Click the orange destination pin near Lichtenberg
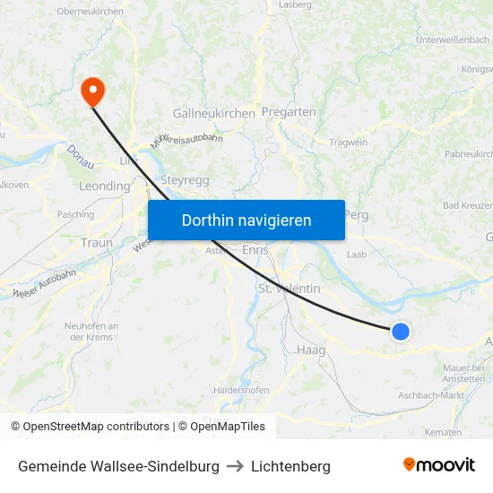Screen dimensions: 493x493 pos(92,91)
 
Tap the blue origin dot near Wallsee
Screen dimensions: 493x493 pos(401,331)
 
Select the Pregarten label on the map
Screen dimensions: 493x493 pos(289,112)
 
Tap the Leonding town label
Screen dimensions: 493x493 pos(105,186)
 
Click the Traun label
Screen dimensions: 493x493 pos(97,243)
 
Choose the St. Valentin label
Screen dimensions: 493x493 pos(289,289)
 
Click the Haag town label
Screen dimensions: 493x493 pos(311,350)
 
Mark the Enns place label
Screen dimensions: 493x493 pos(255,250)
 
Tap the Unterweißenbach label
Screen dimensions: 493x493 pos(453,39)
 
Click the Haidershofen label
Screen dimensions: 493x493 pos(242,391)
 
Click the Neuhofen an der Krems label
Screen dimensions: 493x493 pos(88,331)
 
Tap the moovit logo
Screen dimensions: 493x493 pos(439,464)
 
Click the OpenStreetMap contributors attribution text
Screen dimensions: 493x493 pos(90,427)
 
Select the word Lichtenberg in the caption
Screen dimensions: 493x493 pos(290,466)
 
